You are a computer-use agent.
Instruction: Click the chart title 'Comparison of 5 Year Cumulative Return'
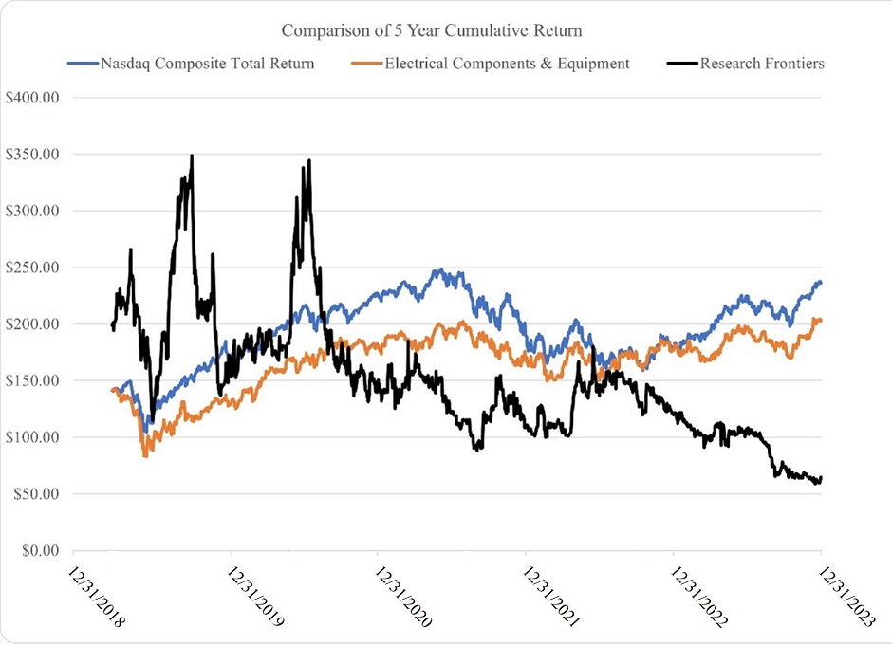432,30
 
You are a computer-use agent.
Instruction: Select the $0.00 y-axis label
37,551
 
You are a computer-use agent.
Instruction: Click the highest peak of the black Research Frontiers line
192,156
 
